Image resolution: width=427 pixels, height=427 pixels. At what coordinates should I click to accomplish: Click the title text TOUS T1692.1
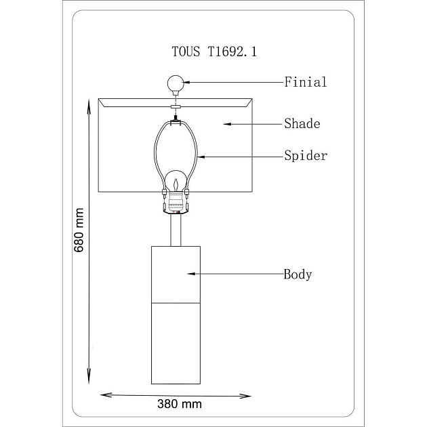coord(214,52)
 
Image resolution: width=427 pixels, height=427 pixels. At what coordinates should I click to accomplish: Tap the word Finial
coord(306,82)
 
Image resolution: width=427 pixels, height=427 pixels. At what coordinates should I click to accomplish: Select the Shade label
coord(302,123)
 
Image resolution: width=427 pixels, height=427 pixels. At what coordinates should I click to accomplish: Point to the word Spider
coord(306,156)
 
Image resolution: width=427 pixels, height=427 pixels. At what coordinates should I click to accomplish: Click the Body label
coord(298,274)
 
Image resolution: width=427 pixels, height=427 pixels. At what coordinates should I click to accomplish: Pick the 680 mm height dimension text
coord(79,230)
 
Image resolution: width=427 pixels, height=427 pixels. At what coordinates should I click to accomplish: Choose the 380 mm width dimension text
coord(180,404)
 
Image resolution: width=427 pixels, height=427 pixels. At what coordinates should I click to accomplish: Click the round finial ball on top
coord(176,83)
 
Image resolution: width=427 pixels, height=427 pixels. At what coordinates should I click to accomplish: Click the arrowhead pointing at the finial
coord(186,82)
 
